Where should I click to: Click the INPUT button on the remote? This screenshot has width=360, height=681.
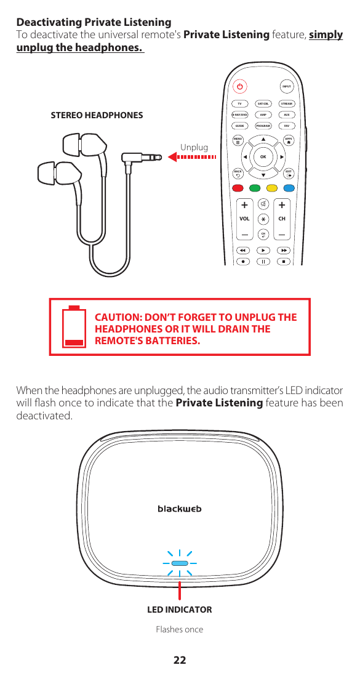click(x=286, y=87)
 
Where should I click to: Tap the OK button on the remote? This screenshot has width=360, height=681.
click(x=263, y=156)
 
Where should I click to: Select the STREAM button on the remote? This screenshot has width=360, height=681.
click(x=286, y=104)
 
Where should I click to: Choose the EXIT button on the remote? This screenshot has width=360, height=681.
click(x=288, y=173)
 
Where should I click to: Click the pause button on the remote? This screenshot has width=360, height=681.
click(x=263, y=261)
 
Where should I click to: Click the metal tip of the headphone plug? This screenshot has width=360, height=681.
click(x=152, y=158)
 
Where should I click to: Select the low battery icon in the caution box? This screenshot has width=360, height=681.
click(x=74, y=327)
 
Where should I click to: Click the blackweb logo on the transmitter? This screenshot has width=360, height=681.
click(x=180, y=509)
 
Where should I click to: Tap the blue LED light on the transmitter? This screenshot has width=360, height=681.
click(x=180, y=563)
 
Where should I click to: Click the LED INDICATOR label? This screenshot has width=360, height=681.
click(x=180, y=610)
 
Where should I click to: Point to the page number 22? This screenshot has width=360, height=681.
click(x=179, y=660)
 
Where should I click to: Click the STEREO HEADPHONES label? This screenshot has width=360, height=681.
click(x=97, y=115)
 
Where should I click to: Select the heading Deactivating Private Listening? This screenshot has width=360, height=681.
click(x=94, y=23)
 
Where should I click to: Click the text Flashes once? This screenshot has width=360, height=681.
click(x=179, y=629)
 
